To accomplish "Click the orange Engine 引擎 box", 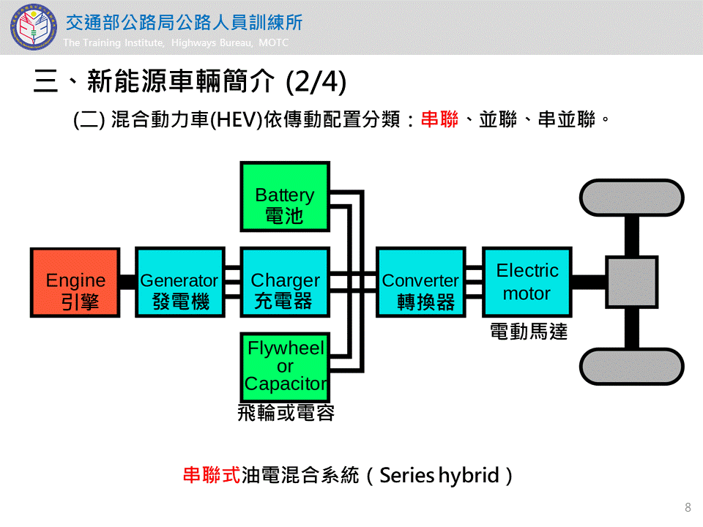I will tap(75, 283).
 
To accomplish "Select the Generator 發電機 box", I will tap(180, 283).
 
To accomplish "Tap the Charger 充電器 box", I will tap(285, 283).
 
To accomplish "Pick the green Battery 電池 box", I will tap(285, 196).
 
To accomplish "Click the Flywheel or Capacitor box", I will tap(285, 367).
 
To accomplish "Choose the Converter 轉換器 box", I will tap(420, 283).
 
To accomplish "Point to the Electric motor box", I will tap(527, 282).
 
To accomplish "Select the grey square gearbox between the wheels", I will tap(631, 283).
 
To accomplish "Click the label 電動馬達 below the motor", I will tap(528, 332).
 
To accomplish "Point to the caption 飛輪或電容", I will tap(286, 413).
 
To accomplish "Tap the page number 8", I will tap(688, 507).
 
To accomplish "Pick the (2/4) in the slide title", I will tap(316, 81).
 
